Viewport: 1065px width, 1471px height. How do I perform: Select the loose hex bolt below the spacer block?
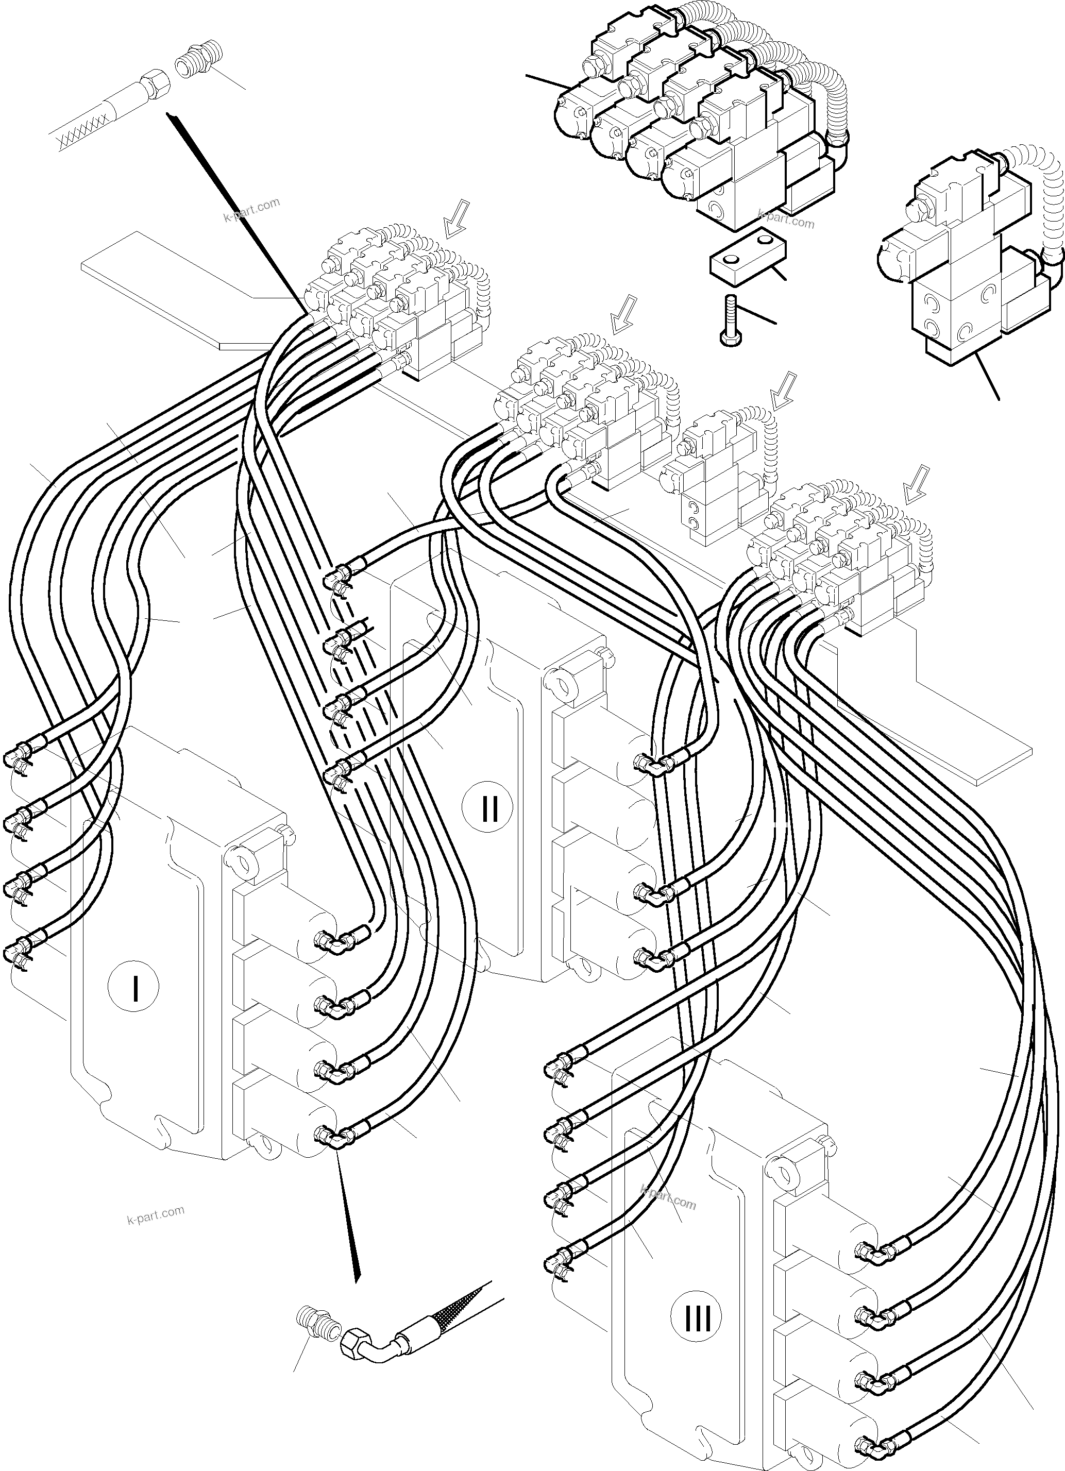(729, 320)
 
